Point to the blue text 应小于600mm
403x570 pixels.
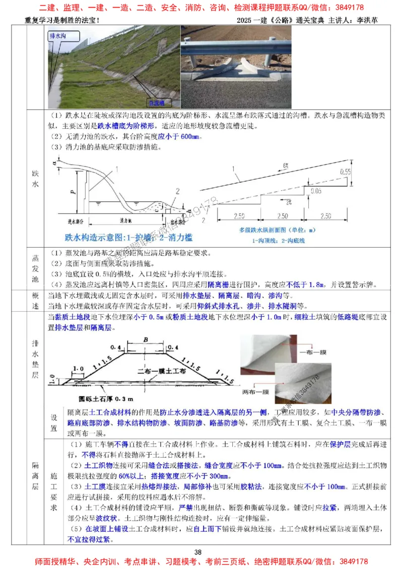pyautogui.click(x=180, y=137)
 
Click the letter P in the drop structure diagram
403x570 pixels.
pyautogui.click(x=74, y=191)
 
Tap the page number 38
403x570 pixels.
pyautogui.click(x=198, y=552)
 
